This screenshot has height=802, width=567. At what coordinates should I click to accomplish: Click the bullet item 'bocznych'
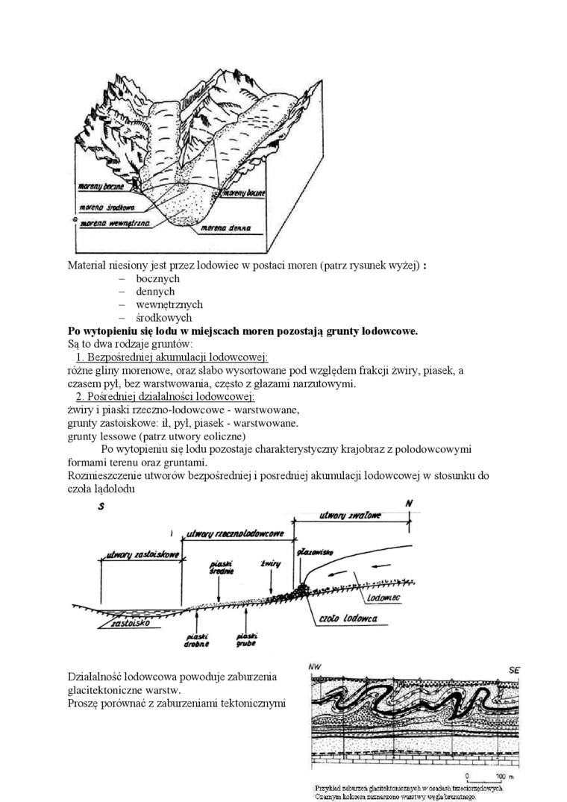point(158,278)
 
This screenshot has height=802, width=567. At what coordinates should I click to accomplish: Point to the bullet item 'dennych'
point(155,292)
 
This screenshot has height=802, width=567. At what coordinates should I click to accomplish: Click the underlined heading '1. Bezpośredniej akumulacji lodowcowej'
point(172,357)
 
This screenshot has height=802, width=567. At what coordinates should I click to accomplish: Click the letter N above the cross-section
point(409,504)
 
